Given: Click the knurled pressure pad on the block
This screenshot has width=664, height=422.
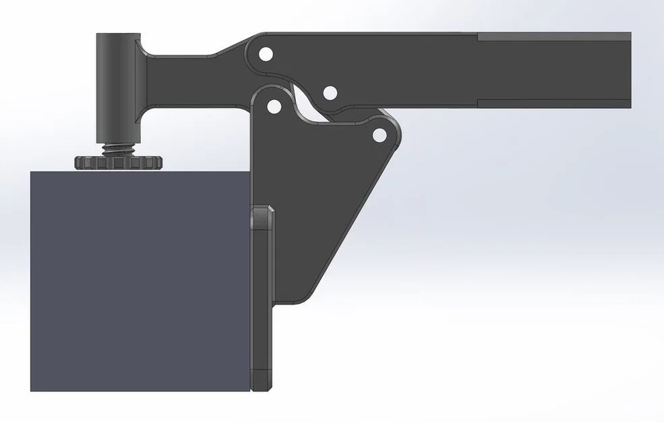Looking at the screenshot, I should click(x=118, y=163).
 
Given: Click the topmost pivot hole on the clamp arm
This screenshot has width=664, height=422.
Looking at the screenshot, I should click(x=266, y=53).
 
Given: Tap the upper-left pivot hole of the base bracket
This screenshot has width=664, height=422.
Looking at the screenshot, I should click(x=274, y=106).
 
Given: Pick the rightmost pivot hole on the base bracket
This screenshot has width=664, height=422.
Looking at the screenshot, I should click(x=380, y=135).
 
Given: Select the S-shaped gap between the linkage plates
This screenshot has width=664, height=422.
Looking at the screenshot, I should click(x=307, y=101).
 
